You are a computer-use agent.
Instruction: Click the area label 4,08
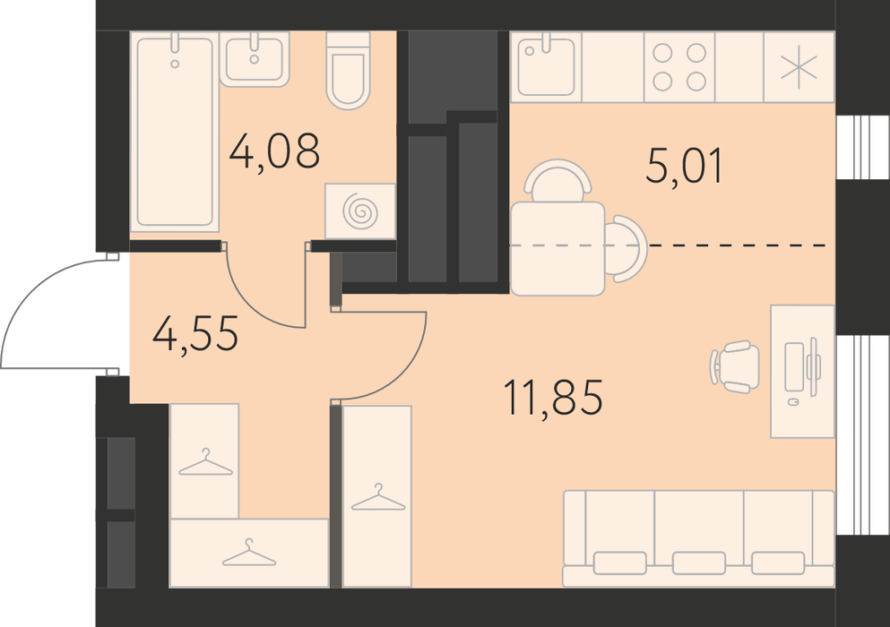click(274, 151)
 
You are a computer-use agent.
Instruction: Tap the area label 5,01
click(685, 166)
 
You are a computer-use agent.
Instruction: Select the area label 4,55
click(195, 333)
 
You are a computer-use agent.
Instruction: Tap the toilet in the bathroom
click(348, 71)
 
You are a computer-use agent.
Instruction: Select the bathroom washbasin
click(255, 59)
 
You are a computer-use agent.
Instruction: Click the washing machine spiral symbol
click(360, 211)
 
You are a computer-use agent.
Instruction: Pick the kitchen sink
click(547, 66)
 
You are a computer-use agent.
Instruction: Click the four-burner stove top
click(679, 67)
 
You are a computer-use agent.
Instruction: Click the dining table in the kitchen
click(557, 248)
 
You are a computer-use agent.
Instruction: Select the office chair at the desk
click(734, 366)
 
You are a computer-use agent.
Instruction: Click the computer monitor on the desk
click(814, 366)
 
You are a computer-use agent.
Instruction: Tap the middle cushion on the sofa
click(699, 563)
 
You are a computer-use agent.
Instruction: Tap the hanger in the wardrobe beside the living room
click(378, 498)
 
